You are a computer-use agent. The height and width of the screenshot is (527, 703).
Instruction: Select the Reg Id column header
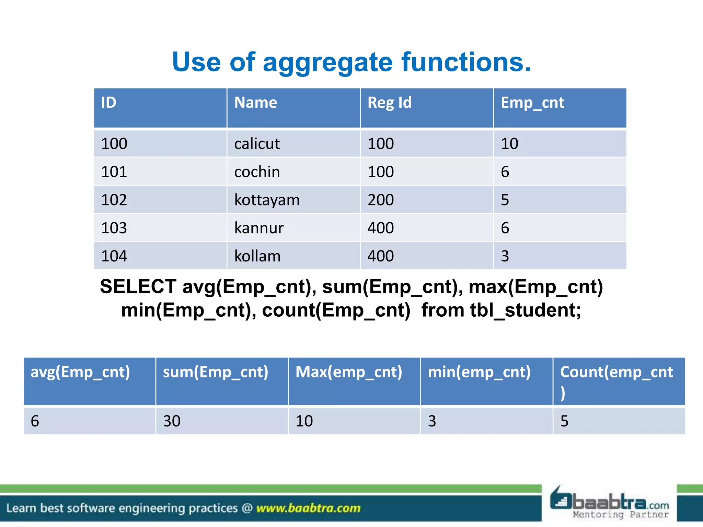389,103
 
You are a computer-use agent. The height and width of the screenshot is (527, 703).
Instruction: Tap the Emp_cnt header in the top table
532,103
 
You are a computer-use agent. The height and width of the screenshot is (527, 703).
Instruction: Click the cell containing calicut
257,143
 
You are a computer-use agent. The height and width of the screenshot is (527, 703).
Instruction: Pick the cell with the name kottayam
267,200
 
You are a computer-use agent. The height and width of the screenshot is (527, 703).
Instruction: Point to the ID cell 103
114,228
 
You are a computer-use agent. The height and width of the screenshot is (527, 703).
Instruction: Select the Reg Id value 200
380,200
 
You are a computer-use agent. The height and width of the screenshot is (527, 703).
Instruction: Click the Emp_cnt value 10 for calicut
509,143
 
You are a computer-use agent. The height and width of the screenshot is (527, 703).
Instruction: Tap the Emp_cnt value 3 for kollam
505,256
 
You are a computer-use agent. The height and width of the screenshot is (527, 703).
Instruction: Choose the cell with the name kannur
259,228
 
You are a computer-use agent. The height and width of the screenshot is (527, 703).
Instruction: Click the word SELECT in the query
138,286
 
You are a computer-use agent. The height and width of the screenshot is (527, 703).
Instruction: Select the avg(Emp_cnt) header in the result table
80,372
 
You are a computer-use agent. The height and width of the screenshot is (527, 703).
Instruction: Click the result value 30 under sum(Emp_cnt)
172,421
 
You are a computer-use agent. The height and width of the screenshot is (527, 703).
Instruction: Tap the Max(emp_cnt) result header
349,372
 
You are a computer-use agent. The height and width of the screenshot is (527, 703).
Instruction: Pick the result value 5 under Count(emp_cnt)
564,421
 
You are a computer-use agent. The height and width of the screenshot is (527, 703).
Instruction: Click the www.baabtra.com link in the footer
308,508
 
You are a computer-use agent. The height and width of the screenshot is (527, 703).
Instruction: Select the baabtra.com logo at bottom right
610,503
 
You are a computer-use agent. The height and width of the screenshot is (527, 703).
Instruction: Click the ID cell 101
114,172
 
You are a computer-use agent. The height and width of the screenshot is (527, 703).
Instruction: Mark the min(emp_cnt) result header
479,372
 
